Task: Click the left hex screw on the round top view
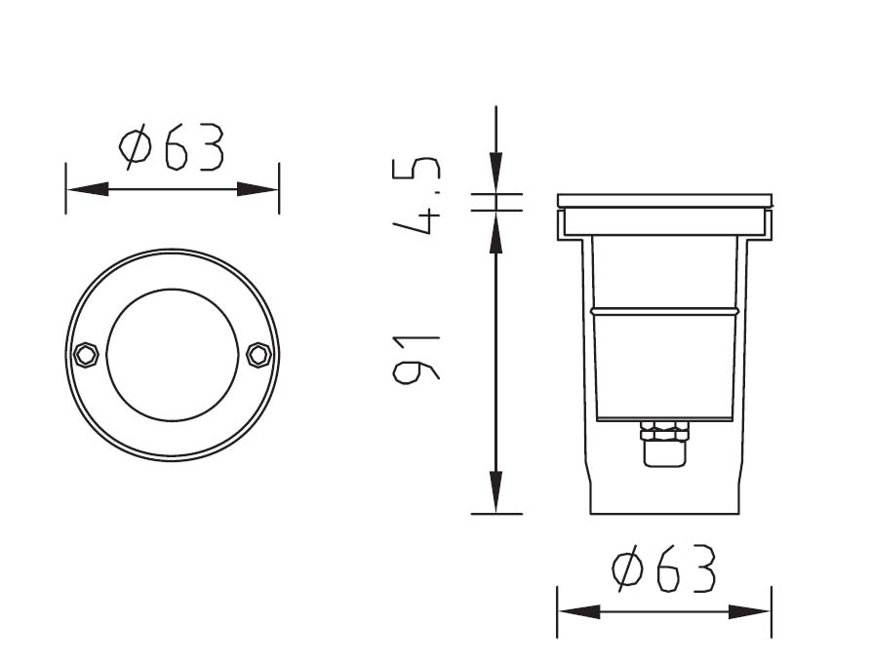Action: tap(86, 355)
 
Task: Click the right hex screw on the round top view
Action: tap(258, 355)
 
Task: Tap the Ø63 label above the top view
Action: tap(172, 146)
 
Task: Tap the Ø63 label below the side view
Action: tap(664, 568)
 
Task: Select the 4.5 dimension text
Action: tap(416, 196)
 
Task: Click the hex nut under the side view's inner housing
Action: tap(664, 431)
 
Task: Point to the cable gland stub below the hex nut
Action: tap(664, 452)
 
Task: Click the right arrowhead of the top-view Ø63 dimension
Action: tap(257, 189)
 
